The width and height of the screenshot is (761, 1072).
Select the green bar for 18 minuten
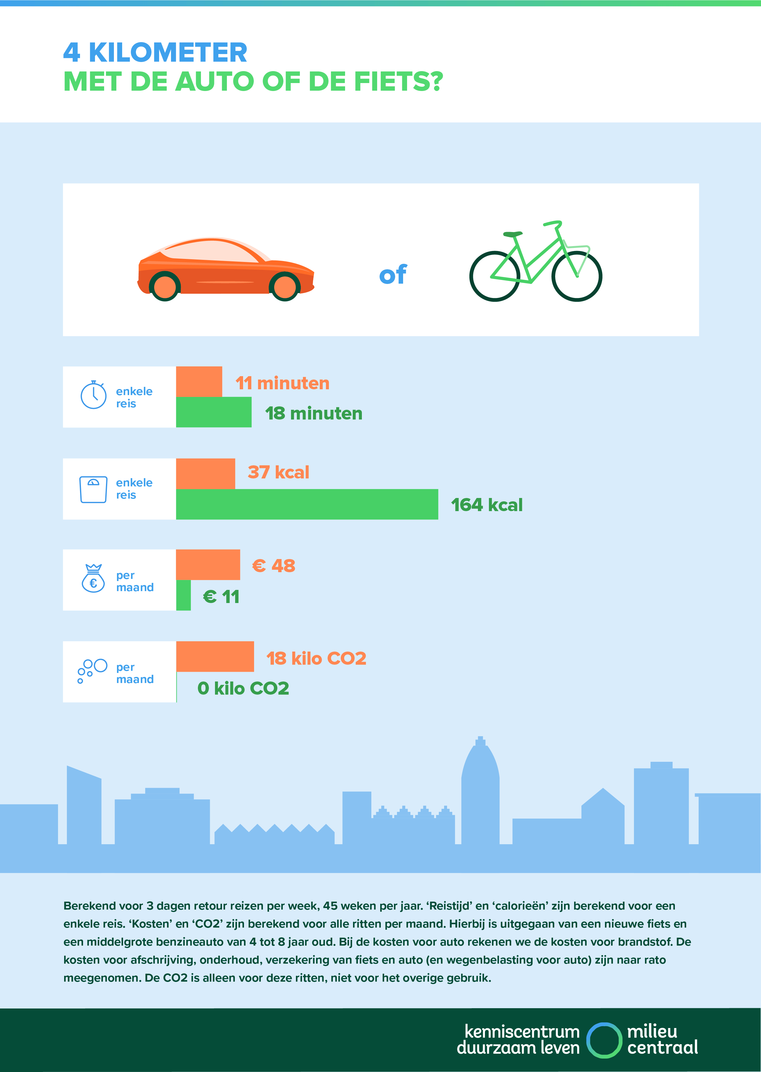(x=214, y=412)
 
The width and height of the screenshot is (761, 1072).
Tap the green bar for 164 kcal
(x=307, y=504)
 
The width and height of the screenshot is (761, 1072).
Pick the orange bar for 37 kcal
(x=205, y=473)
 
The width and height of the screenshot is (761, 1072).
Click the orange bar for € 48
(x=208, y=565)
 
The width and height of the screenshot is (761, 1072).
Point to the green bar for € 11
(x=183, y=595)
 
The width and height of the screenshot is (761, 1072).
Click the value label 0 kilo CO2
(x=243, y=688)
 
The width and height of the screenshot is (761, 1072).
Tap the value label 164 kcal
(x=486, y=505)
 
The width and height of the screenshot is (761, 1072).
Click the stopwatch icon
(x=94, y=395)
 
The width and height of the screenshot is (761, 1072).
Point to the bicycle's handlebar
(x=553, y=224)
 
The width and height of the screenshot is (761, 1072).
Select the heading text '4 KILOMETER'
(x=155, y=53)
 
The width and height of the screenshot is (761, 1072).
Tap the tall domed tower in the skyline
(x=480, y=787)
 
